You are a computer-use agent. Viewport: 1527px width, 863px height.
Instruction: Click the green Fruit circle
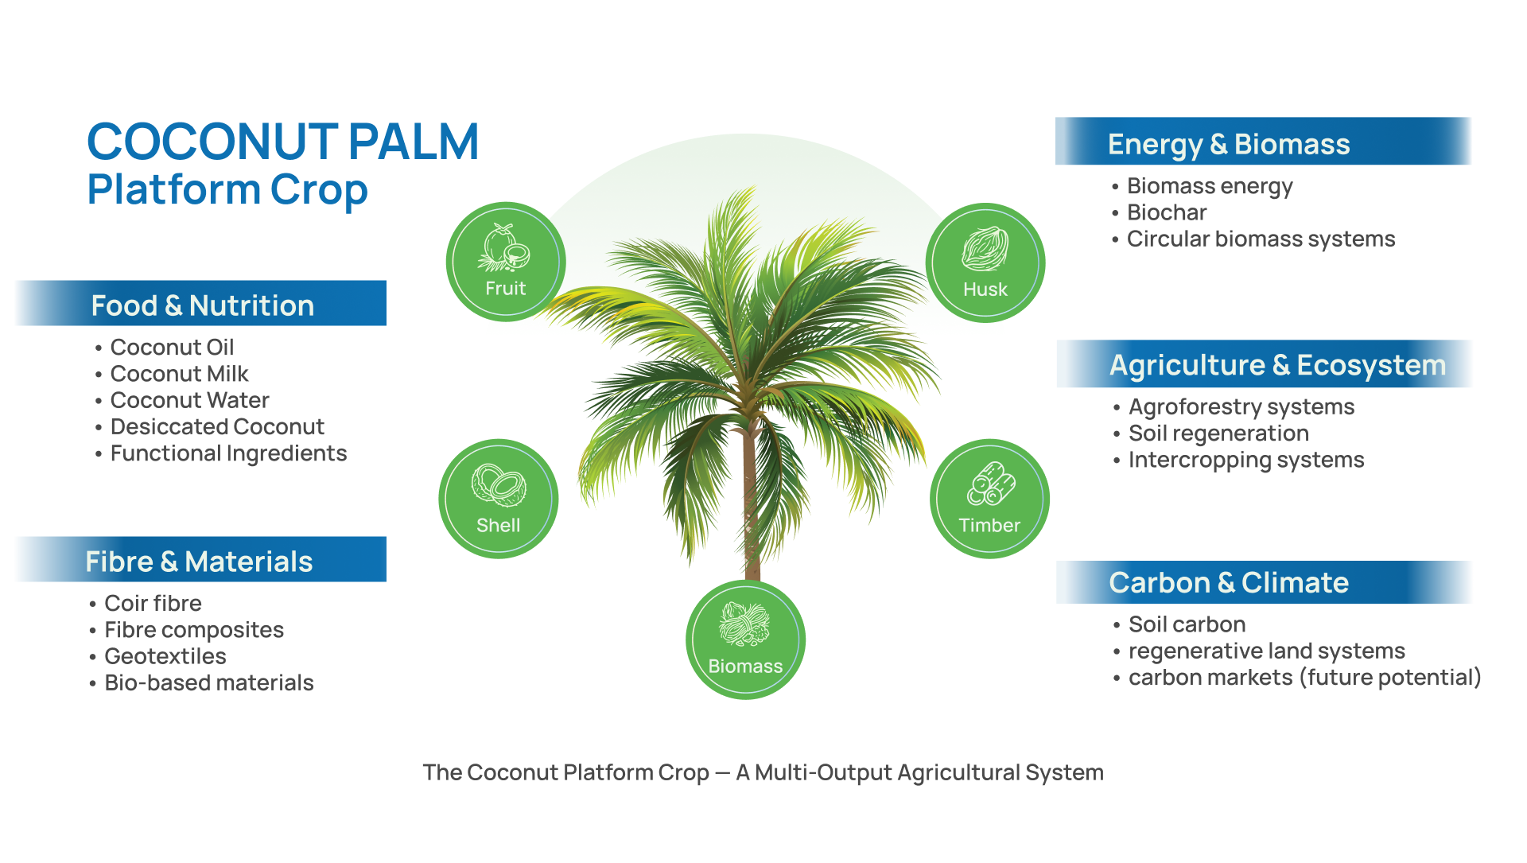pyautogui.click(x=506, y=262)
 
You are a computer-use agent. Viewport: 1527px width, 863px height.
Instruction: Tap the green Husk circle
pyautogui.click(x=985, y=262)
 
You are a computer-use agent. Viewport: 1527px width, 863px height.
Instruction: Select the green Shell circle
pyautogui.click(x=499, y=499)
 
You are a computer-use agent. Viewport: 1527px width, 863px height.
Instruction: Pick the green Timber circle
pyautogui.click(x=989, y=499)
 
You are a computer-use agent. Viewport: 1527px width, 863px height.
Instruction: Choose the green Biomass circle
pyautogui.click(x=745, y=640)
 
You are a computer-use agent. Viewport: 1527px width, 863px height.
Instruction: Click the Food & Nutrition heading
pyautogui.click(x=202, y=305)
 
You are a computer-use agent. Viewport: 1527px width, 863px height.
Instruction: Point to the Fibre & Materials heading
pyautogui.click(x=199, y=562)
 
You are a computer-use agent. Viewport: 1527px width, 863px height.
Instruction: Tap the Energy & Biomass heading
pyautogui.click(x=1229, y=144)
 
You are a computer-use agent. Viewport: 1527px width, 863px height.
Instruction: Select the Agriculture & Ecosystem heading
pyautogui.click(x=1277, y=365)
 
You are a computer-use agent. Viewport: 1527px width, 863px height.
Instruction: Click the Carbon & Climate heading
pyautogui.click(x=1229, y=583)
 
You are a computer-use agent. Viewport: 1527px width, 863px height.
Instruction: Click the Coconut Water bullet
pyautogui.click(x=189, y=400)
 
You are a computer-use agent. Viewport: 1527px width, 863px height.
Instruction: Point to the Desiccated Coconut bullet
pyautogui.click(x=217, y=427)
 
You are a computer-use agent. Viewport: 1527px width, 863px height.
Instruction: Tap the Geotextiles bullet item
pyautogui.click(x=165, y=656)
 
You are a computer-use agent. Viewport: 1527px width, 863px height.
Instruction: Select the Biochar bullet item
pyautogui.click(x=1167, y=212)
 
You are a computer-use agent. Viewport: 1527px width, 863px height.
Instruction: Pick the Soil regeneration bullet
pyautogui.click(x=1218, y=433)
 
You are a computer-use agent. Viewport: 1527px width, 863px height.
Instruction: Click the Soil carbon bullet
pyautogui.click(x=1187, y=624)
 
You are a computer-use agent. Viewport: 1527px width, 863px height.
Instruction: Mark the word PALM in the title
pyautogui.click(x=414, y=142)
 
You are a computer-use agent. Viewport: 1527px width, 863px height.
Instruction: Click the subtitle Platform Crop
pyautogui.click(x=227, y=190)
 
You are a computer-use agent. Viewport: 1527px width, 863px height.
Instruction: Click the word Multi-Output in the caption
pyautogui.click(x=823, y=772)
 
